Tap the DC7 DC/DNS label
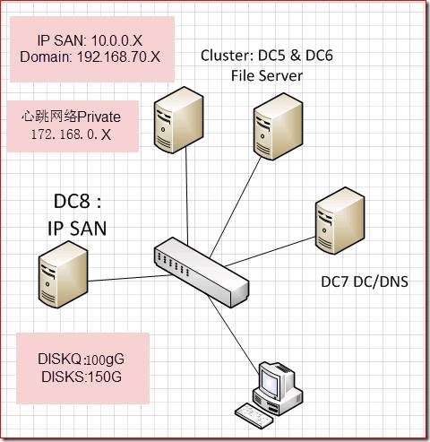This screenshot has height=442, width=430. pos(364,282)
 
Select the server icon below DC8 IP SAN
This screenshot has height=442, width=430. pos(64,273)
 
